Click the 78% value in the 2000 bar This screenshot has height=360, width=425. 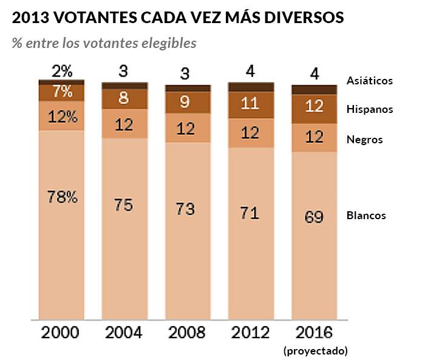point(62,197)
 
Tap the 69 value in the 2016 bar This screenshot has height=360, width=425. point(314,217)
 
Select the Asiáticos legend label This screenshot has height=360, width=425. point(370,80)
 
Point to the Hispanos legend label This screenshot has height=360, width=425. point(370,109)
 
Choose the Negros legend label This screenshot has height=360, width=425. point(364,140)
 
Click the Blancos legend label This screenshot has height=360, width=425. point(366,216)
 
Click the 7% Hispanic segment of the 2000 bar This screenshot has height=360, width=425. point(62,92)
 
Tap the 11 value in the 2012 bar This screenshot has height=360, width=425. point(250,103)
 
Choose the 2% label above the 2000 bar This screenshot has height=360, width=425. point(62,71)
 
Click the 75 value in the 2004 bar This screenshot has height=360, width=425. point(124,205)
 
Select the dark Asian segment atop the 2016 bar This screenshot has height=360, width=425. point(314,90)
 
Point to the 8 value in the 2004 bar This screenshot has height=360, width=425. point(124,98)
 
